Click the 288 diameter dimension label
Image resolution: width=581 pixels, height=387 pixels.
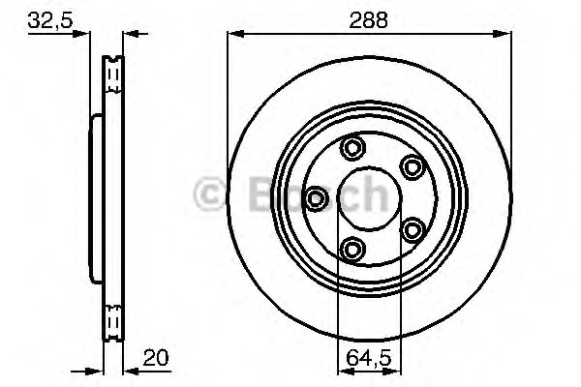(x=368, y=20)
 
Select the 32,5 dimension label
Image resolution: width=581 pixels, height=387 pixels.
(x=50, y=20)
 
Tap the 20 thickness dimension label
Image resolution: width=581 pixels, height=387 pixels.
(x=156, y=357)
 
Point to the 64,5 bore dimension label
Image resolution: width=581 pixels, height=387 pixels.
(x=368, y=358)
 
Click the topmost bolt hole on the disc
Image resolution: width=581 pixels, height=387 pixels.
(x=352, y=148)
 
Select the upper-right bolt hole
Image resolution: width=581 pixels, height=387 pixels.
(x=413, y=167)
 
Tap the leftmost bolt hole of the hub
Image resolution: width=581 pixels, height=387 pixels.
(x=316, y=198)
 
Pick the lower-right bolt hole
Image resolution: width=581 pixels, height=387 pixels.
(x=413, y=230)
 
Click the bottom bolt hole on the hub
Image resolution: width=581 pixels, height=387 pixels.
(x=352, y=249)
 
